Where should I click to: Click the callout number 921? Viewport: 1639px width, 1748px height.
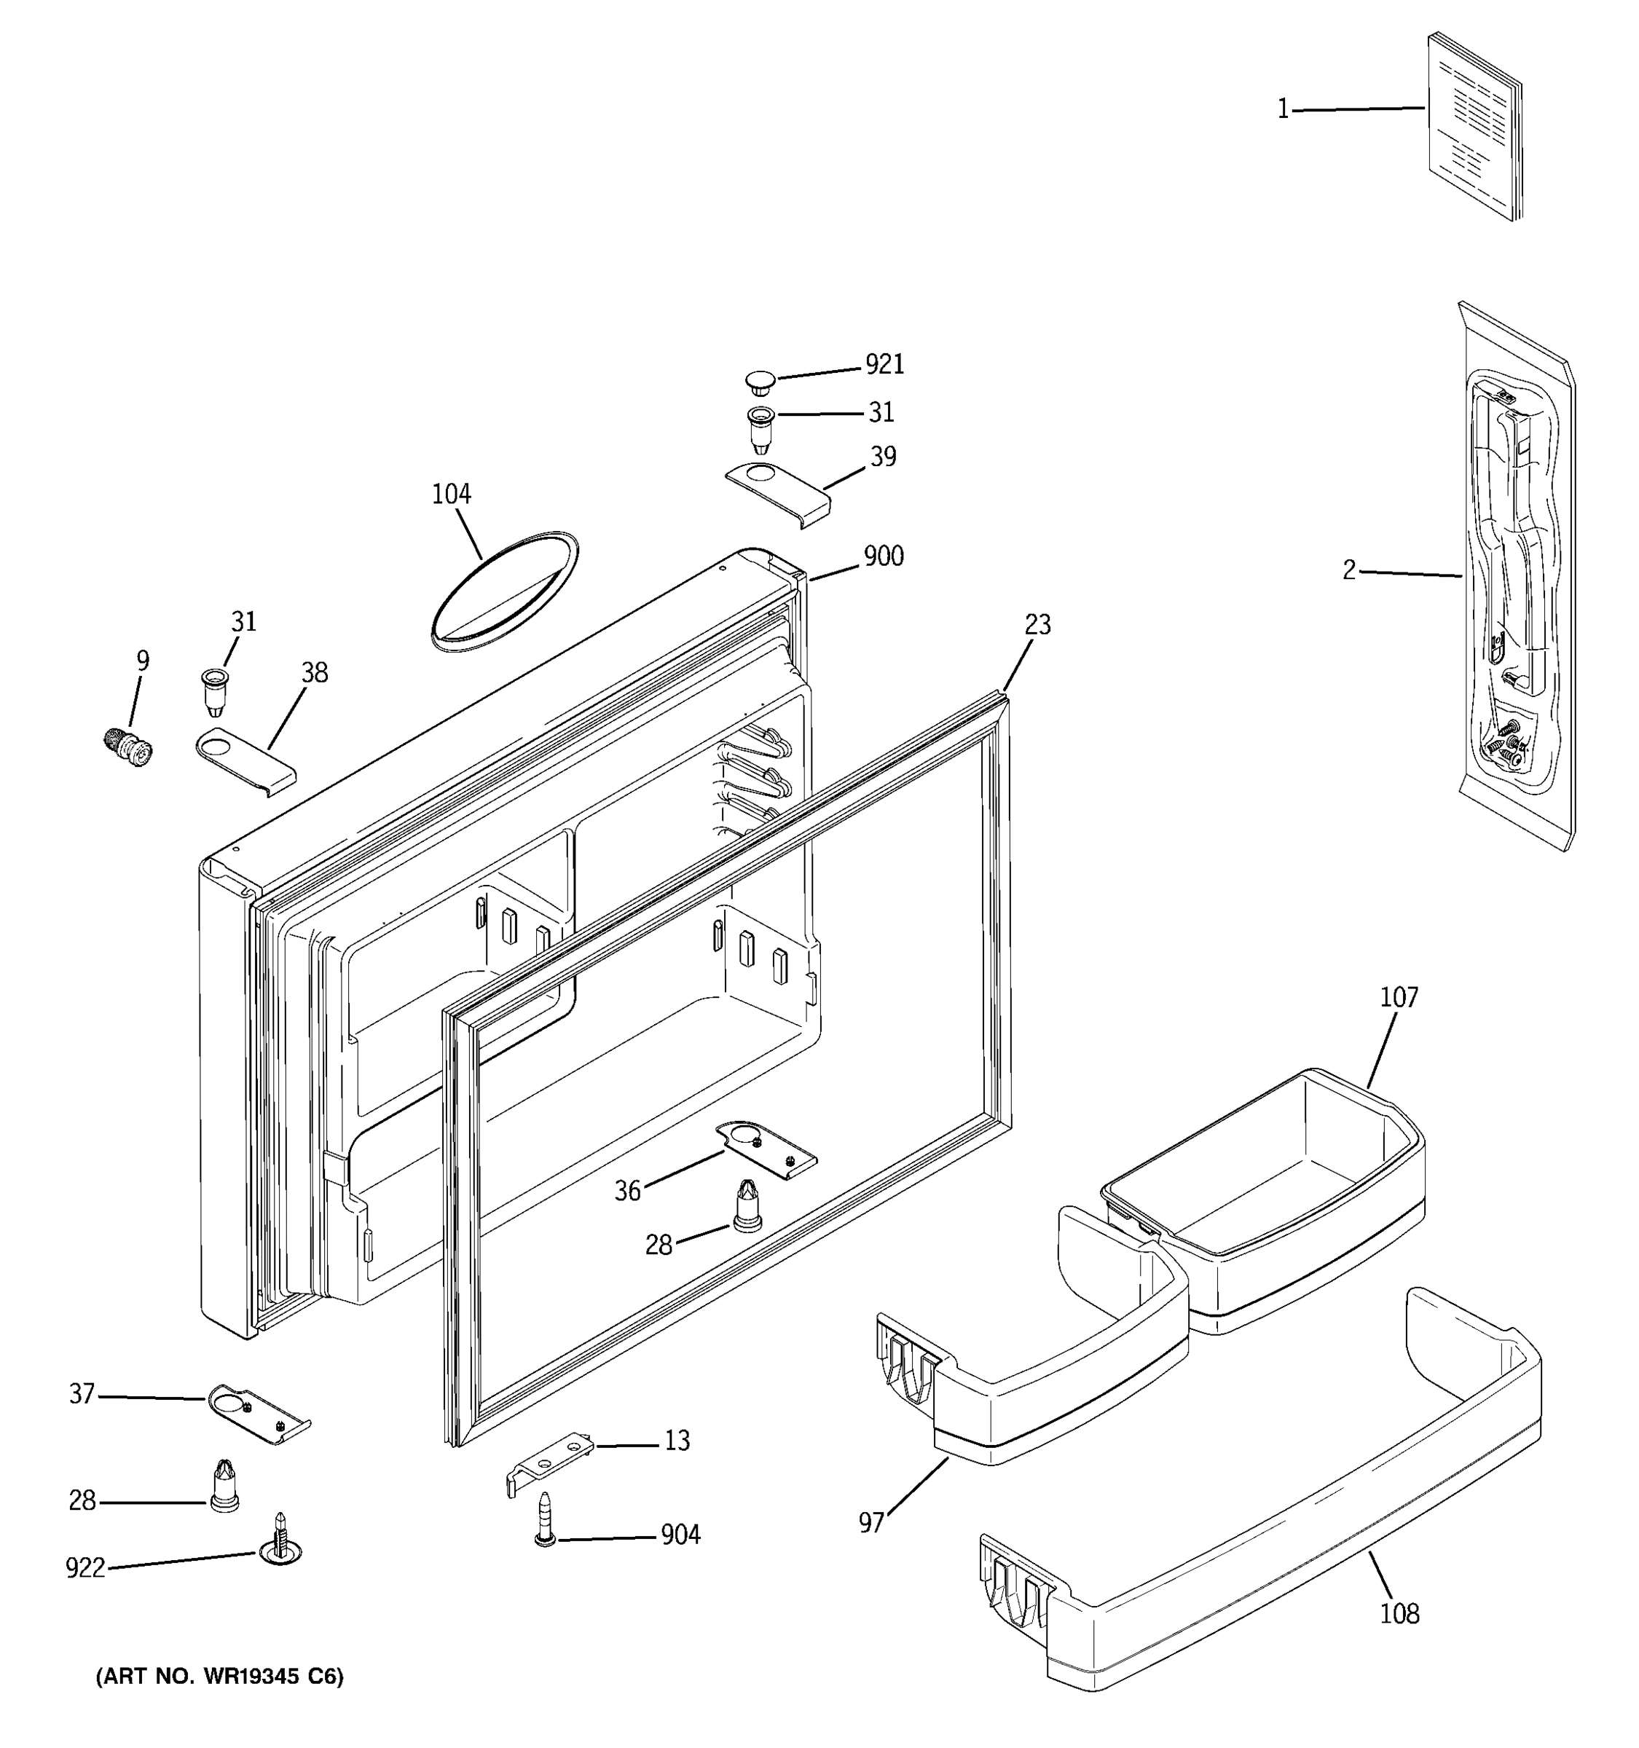pos(884,364)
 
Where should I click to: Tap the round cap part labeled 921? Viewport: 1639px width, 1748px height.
pos(760,382)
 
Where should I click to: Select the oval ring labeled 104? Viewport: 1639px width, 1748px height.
pos(505,591)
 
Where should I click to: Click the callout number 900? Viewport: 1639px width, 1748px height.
pos(883,556)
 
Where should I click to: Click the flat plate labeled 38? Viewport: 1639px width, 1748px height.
pos(245,760)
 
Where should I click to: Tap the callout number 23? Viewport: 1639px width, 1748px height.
pos(1037,624)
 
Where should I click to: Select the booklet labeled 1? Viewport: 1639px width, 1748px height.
pos(1474,127)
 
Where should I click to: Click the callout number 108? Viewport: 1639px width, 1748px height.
pos(1399,1613)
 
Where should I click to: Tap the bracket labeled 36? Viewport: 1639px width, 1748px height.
pos(765,1149)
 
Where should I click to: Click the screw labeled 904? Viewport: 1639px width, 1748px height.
pos(545,1520)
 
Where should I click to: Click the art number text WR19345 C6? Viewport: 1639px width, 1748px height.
pos(219,1677)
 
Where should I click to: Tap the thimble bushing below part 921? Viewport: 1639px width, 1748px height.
pos(760,428)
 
